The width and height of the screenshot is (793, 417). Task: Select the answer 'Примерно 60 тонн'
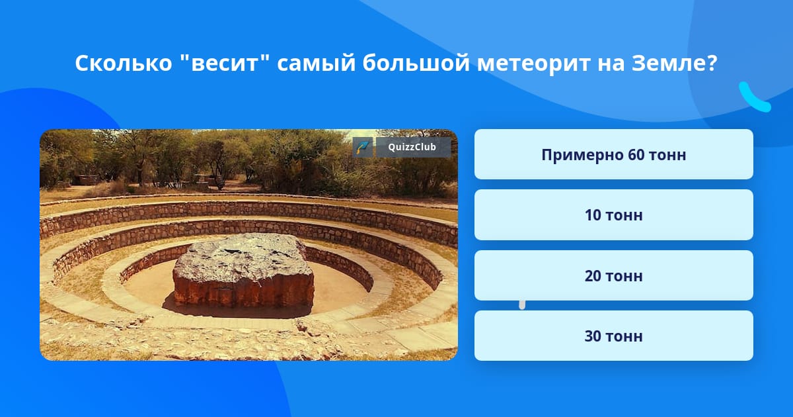[x=613, y=154]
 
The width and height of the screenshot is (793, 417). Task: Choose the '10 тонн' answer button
[x=613, y=215]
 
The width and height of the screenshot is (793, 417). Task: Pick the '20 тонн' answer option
[x=613, y=275]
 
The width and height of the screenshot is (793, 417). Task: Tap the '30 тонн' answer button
[x=613, y=336]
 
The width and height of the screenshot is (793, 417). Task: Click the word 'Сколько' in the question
[x=123, y=63]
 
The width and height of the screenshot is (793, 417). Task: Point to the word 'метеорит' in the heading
[x=533, y=64]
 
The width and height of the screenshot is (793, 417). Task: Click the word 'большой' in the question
[x=416, y=63]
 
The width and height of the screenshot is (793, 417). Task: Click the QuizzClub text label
[x=412, y=147]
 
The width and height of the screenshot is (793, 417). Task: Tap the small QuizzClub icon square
[x=363, y=147]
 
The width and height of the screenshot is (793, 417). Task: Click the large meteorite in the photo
[x=244, y=271]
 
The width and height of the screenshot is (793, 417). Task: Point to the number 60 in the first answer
[x=636, y=155]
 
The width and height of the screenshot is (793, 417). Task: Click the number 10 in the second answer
[x=593, y=215]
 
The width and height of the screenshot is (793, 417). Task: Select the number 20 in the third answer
[x=593, y=276]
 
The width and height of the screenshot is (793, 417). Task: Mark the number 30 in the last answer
[x=593, y=336]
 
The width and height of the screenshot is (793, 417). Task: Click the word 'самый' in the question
[x=316, y=64]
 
